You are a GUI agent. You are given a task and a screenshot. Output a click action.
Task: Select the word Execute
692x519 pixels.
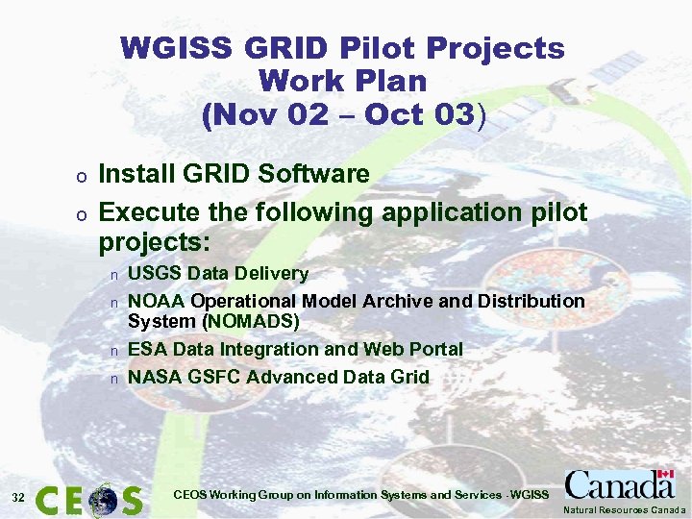pyautogui.click(x=146, y=211)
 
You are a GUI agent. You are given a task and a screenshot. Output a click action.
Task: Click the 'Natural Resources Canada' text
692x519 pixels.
pyautogui.click(x=625, y=509)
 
